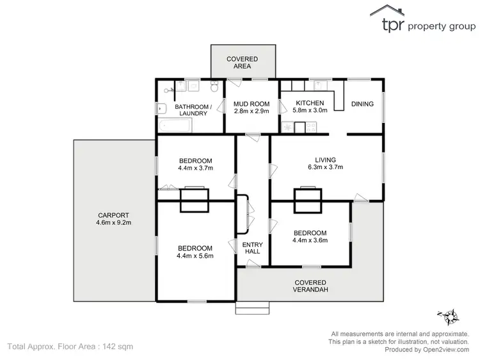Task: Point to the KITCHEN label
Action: click(x=310, y=102)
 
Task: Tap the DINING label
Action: click(x=362, y=103)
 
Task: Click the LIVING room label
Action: click(x=325, y=160)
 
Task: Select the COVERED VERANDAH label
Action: click(x=310, y=286)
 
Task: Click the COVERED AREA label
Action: click(x=243, y=62)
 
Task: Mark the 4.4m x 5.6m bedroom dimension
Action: click(x=195, y=256)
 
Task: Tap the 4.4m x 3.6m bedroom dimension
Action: click(x=310, y=241)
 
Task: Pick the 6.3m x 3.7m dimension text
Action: click(x=325, y=168)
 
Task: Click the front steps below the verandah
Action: click(x=248, y=309)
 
